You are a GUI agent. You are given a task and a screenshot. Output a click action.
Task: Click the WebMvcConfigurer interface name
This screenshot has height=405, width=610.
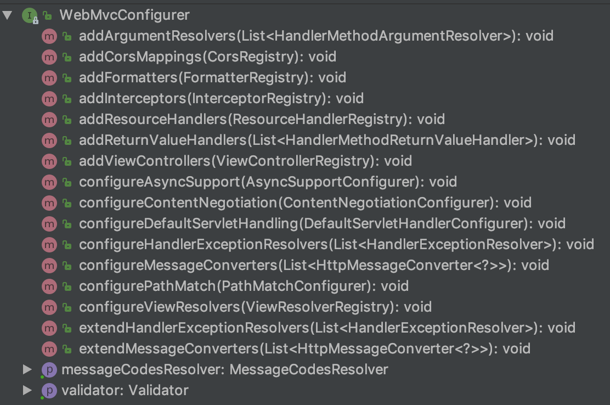[x=124, y=15]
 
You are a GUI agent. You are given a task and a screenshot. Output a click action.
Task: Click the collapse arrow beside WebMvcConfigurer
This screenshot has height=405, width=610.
[x=7, y=15]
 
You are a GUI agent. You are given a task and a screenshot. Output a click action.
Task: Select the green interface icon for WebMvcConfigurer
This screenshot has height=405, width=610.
[x=29, y=15]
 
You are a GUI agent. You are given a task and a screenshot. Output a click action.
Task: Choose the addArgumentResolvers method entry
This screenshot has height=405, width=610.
[x=316, y=36]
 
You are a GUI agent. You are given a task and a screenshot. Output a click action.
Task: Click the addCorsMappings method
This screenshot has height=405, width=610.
[x=207, y=57]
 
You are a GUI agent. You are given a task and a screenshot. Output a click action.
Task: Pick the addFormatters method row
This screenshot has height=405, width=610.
[x=212, y=78]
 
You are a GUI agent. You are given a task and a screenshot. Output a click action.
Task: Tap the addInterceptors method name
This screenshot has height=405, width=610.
[x=221, y=99]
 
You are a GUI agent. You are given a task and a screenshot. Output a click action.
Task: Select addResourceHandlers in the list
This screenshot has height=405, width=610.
[x=262, y=120]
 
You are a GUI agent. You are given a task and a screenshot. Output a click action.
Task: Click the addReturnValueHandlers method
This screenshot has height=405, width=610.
[x=327, y=140]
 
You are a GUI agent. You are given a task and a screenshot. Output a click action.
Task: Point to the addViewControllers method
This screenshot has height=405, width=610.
[x=245, y=161]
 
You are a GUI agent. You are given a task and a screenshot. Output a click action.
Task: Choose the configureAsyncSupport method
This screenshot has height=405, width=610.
[x=268, y=182]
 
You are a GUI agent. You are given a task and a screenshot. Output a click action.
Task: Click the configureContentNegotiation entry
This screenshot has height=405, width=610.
[x=305, y=203]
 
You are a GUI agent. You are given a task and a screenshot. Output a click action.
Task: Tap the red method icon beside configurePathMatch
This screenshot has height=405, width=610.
[x=49, y=286]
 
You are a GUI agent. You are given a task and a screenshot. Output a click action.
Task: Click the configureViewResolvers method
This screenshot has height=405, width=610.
[x=255, y=307]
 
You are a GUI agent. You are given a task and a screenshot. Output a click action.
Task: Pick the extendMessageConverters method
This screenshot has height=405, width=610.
[x=304, y=349]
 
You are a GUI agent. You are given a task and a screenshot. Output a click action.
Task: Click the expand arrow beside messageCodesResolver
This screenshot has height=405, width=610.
[x=27, y=370]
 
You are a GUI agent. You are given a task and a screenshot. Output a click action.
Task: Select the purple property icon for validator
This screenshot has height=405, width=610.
[x=49, y=391]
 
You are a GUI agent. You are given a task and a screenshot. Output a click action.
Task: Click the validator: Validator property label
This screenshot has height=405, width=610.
[x=125, y=391]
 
